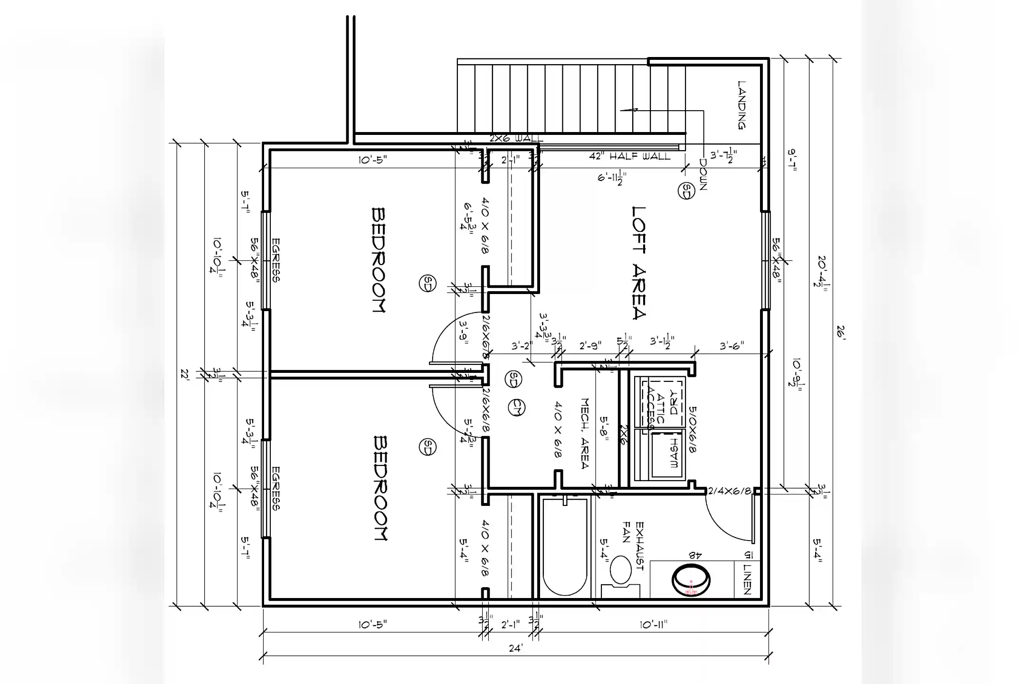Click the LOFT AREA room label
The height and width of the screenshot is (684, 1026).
click(639, 263)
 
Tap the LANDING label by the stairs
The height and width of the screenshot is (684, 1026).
click(741, 105)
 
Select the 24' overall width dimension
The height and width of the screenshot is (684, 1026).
click(516, 648)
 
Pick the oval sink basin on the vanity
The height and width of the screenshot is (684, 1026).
click(691, 579)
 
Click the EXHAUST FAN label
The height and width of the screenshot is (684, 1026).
click(633, 546)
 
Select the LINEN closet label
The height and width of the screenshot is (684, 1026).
click(747, 579)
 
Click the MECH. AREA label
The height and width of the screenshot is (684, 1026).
click(585, 433)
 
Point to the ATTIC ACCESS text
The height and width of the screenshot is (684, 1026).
click(654, 408)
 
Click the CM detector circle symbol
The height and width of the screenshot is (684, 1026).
click(516, 408)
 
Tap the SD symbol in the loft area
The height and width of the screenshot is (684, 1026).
click(686, 190)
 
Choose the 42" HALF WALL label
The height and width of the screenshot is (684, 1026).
click(629, 156)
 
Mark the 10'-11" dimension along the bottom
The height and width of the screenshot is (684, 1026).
click(653, 625)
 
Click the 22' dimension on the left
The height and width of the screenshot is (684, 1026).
click(185, 374)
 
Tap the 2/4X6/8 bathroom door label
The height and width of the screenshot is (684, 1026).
click(729, 491)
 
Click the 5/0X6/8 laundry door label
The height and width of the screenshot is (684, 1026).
click(693, 429)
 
